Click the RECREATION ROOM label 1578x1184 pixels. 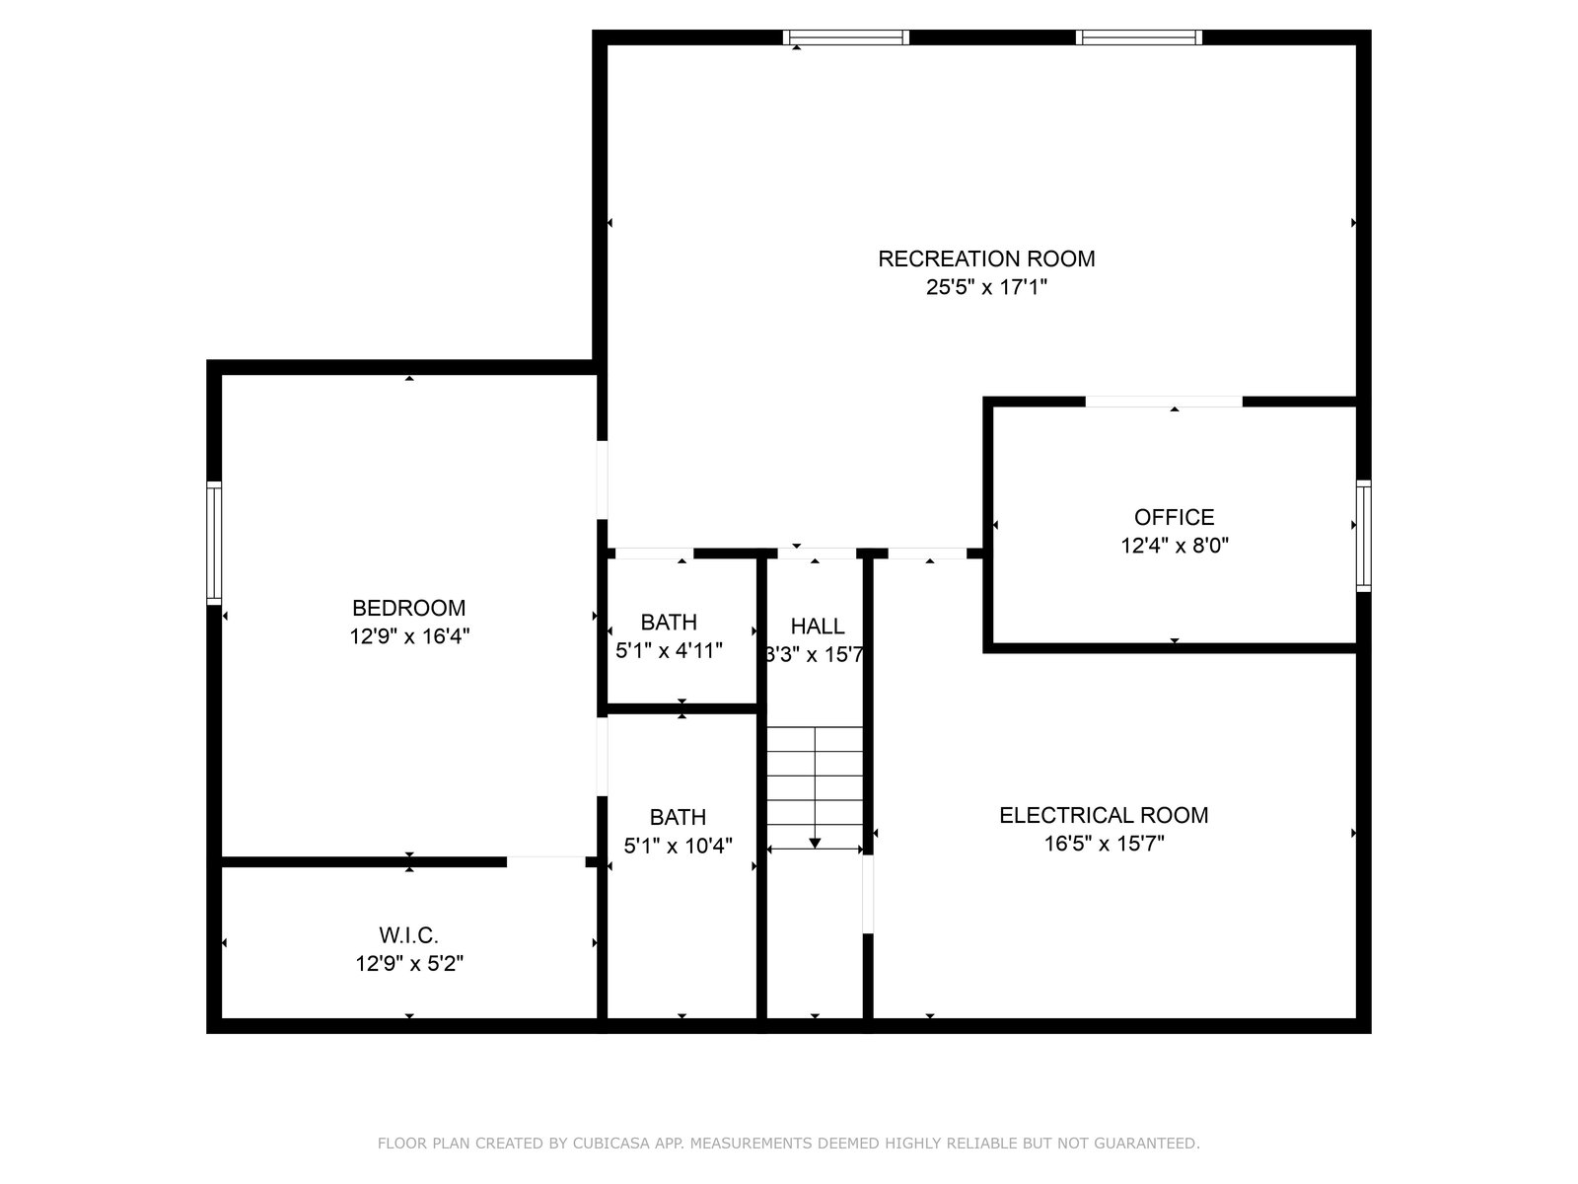click(985, 259)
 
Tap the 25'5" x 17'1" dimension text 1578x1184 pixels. click(985, 287)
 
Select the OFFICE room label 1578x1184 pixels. click(1174, 517)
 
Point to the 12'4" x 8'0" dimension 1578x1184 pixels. click(1174, 546)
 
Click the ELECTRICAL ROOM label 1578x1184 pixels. click(1104, 815)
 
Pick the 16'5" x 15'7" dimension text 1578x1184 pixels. click(1104, 844)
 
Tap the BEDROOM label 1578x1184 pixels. click(408, 608)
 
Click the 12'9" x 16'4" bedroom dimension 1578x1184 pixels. click(409, 637)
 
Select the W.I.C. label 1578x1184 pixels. click(408, 935)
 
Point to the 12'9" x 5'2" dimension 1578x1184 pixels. click(409, 963)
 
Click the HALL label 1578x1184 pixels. click(817, 627)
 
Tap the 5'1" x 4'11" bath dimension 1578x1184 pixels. click(669, 650)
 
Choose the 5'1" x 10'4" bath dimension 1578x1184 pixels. click(678, 847)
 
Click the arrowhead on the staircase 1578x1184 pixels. click(815, 843)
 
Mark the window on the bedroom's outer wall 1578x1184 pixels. click(214, 543)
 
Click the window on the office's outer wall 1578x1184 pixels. click(1363, 537)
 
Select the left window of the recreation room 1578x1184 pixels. click(845, 37)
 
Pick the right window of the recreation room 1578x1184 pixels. click(1139, 37)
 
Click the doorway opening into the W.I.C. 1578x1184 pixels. click(546, 861)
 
